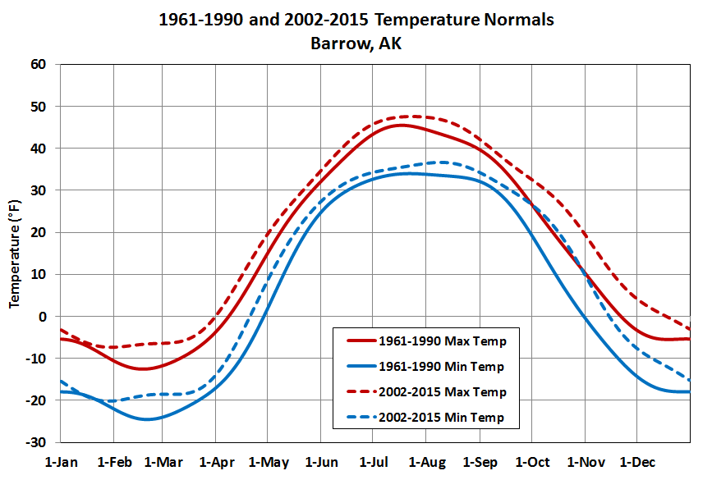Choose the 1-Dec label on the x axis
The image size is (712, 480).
638,463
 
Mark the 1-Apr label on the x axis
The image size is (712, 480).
217,463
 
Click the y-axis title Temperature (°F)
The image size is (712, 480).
14,254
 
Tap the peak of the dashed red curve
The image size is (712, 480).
411,116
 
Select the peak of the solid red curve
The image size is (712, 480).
400,125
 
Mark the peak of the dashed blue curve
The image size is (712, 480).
440,162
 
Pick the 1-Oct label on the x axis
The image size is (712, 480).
533,463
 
